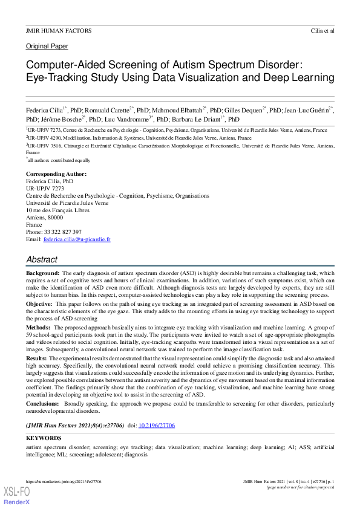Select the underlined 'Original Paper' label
pyautogui.click(x=47, y=47)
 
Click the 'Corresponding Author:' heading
pyautogui.click(x=56, y=174)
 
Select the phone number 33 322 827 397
pyautogui.click(x=64, y=232)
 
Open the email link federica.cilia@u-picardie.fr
pyautogui.click(x=77, y=239)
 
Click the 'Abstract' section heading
pyautogui.click(x=42, y=259)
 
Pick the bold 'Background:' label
pyautogui.click(x=43, y=274)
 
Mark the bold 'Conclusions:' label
pyautogui.click(x=44, y=403)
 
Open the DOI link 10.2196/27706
pyautogui.click(x=157, y=426)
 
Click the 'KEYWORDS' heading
pyautogui.click(x=44, y=438)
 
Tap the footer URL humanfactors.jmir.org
pyautogui.click(x=64, y=482)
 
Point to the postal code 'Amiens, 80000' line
pyautogui.click(x=44, y=218)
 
